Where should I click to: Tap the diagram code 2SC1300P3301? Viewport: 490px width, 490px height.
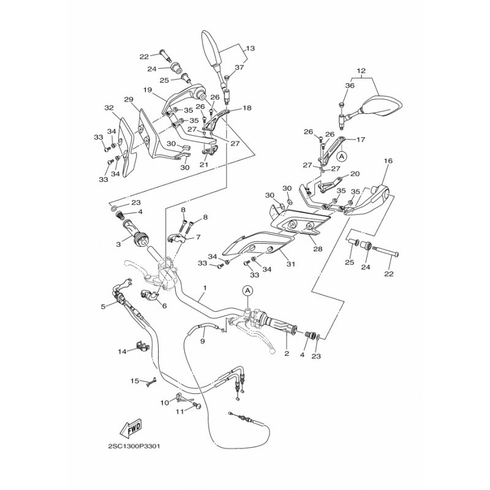134,447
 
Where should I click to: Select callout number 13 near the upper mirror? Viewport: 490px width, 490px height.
251,48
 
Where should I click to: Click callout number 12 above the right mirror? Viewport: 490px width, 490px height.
361,71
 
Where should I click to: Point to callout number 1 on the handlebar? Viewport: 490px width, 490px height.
205,287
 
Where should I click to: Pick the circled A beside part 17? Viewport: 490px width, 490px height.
342,156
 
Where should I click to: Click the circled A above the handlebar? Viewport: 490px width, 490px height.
247,290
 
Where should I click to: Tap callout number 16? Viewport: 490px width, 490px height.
388,161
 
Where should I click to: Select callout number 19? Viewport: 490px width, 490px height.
148,90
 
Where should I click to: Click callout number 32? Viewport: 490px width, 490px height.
109,108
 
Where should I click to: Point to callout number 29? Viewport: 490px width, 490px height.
129,100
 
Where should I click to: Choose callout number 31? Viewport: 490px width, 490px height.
291,264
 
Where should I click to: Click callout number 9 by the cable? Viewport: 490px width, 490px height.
203,342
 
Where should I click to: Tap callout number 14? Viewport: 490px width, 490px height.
122,352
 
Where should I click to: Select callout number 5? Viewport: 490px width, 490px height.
103,306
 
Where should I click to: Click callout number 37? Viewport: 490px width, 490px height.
239,67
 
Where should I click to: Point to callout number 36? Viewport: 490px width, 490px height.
350,85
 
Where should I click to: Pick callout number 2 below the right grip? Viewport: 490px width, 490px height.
287,353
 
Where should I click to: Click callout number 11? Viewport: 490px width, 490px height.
179,412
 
